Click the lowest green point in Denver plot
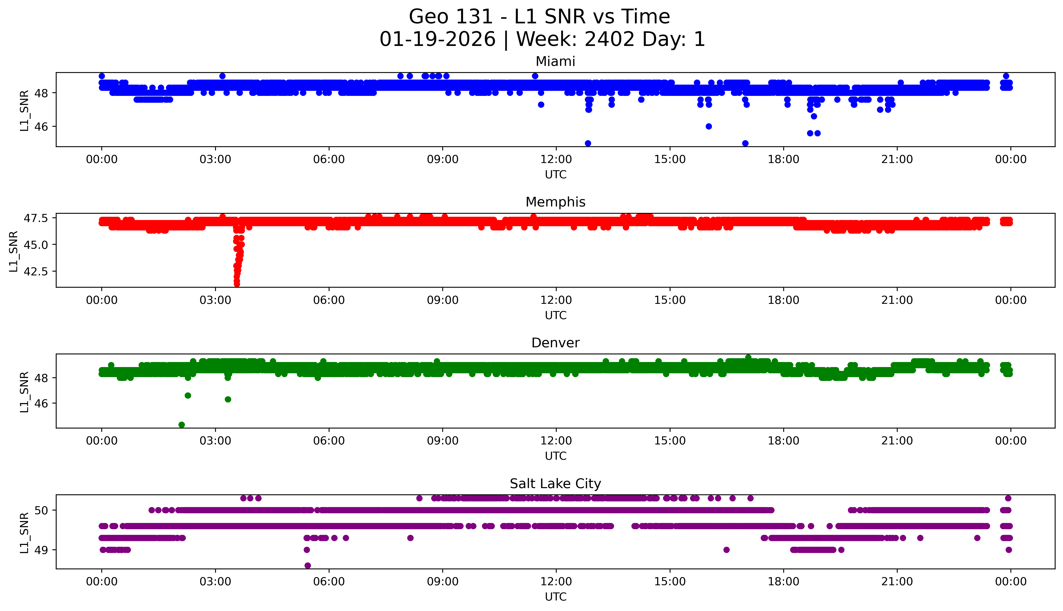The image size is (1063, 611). click(182, 425)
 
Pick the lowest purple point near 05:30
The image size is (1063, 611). click(308, 565)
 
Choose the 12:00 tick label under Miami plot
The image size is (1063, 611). click(556, 160)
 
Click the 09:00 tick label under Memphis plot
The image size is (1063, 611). click(442, 300)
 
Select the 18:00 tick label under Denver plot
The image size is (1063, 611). click(783, 441)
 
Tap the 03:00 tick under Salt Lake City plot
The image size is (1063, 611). click(215, 582)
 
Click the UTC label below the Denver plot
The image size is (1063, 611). click(555, 456)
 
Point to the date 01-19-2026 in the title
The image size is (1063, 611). click(437, 39)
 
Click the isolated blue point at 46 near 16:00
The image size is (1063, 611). click(709, 126)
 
